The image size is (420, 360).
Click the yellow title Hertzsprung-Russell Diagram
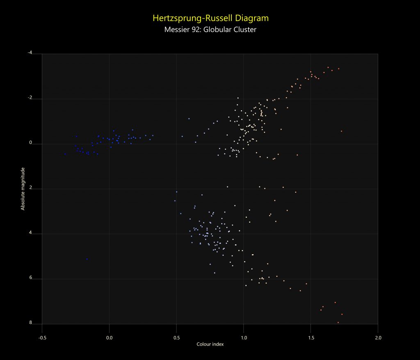[210, 18]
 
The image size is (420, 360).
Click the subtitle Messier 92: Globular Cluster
[210, 30]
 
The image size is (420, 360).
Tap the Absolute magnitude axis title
[23, 189]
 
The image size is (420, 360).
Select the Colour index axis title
[210, 344]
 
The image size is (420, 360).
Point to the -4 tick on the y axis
[30, 53]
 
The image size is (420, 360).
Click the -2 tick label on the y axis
[30, 98]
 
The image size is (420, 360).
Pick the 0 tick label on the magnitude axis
[31, 144]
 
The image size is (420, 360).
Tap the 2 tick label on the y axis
[31, 188]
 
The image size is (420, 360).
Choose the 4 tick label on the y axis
[31, 233]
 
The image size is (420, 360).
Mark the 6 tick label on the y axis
[31, 278]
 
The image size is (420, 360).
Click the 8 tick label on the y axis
[31, 323]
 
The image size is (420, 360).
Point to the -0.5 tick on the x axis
[42, 338]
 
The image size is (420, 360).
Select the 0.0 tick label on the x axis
[109, 338]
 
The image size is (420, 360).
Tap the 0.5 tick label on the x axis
[176, 338]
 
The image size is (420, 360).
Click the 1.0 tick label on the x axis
[244, 338]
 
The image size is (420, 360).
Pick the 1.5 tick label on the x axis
[310, 338]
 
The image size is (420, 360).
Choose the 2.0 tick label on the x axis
[378, 338]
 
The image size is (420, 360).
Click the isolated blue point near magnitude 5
[87, 259]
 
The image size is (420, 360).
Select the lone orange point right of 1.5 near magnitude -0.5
[341, 131]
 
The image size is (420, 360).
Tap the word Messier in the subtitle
[176, 30]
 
